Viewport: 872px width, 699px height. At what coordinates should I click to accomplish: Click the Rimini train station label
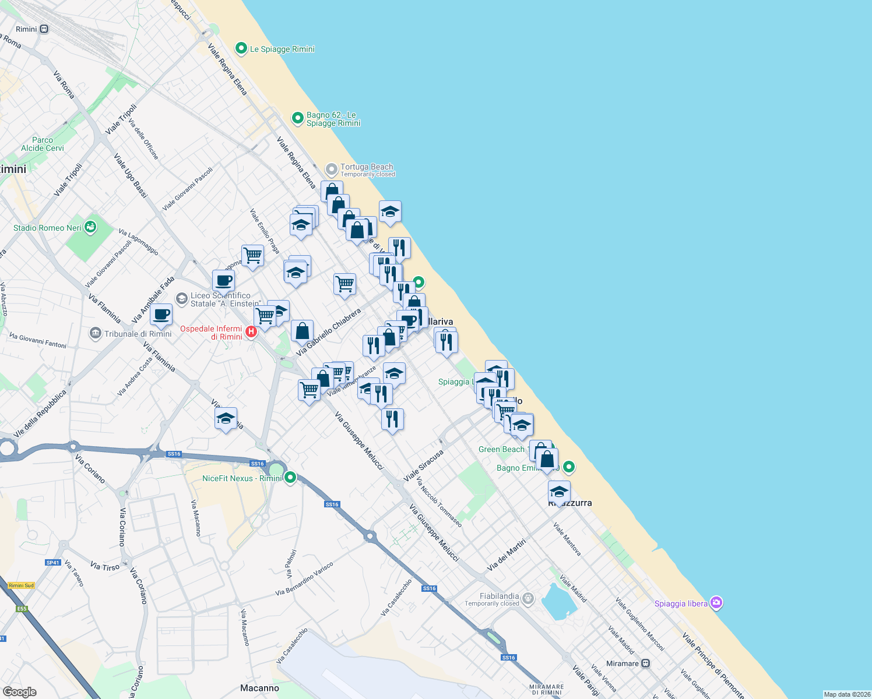[27, 29]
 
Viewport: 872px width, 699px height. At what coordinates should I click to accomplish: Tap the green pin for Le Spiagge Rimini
[241, 48]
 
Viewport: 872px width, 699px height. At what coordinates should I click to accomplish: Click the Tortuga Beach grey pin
[331, 170]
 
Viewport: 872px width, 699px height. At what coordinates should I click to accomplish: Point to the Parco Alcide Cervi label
[43, 144]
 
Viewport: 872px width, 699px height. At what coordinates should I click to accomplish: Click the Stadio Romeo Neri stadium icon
[90, 227]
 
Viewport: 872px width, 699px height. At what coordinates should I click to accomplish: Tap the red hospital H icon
[251, 332]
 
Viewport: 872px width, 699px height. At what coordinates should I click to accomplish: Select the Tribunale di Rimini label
[138, 334]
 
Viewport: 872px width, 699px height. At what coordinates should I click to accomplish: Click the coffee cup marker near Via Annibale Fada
[161, 315]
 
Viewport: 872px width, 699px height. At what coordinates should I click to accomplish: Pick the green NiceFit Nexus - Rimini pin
[290, 478]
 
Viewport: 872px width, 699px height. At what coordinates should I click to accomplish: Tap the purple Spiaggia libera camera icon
[717, 603]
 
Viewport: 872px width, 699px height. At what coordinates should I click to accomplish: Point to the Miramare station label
[623, 663]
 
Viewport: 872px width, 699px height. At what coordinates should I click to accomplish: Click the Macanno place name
[260, 688]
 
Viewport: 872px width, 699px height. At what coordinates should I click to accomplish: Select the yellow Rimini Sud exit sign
[22, 585]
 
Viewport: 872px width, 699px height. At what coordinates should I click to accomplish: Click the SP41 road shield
[53, 563]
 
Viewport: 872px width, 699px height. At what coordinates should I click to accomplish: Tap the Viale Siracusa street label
[424, 465]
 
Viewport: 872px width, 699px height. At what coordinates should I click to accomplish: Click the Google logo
[20, 691]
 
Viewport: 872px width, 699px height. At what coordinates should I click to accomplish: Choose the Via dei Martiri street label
[506, 555]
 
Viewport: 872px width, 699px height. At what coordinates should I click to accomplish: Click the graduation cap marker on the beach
[390, 212]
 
